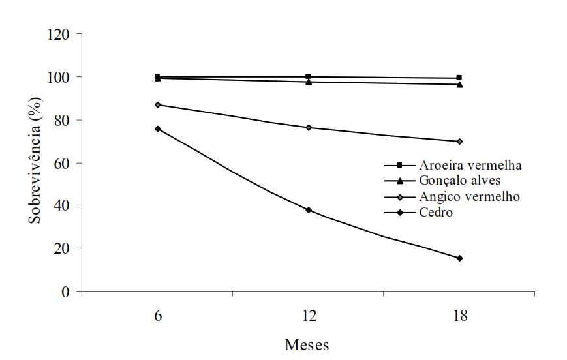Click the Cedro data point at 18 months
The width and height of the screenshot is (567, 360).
click(x=459, y=258)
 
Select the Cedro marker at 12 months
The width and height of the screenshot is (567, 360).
click(x=309, y=210)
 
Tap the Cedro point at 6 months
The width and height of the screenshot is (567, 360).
click(x=158, y=128)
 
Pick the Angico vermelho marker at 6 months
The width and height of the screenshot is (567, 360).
click(x=158, y=105)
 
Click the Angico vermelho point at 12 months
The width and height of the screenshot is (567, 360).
click(x=309, y=128)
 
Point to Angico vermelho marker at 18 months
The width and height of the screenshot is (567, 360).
click(x=459, y=142)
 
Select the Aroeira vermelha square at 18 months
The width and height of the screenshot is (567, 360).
click(x=459, y=78)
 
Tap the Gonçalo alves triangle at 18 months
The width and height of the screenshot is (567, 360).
click(x=459, y=85)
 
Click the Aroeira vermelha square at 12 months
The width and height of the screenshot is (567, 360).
click(x=308, y=76)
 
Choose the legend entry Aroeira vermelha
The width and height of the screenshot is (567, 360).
click(x=470, y=165)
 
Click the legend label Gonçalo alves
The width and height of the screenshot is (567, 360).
click(x=460, y=181)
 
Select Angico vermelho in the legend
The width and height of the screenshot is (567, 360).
click(x=469, y=196)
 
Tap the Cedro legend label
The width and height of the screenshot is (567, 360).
click(x=436, y=212)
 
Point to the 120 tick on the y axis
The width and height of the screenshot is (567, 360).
click(x=58, y=35)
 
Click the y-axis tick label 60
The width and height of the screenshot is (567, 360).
click(x=61, y=164)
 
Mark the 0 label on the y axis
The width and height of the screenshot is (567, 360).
click(x=65, y=292)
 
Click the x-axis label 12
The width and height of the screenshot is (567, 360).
click(x=309, y=316)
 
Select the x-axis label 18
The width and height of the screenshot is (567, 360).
click(x=460, y=316)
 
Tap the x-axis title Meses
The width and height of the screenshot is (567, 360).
click(x=307, y=345)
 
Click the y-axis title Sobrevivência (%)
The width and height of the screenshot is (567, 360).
click(x=35, y=161)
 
